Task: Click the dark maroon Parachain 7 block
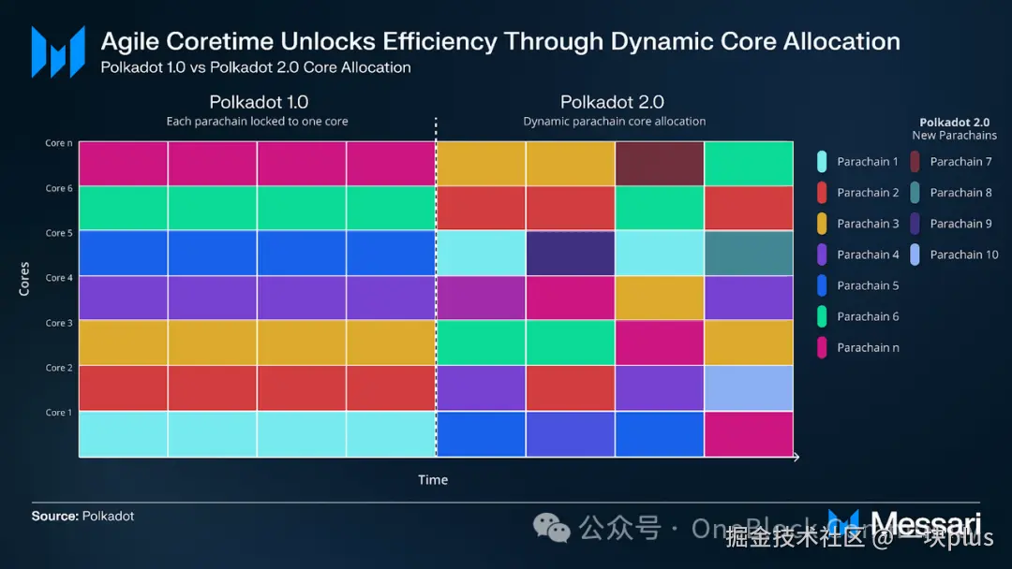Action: click(x=659, y=164)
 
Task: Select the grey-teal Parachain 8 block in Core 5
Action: click(x=748, y=253)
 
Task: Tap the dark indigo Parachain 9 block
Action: click(x=570, y=253)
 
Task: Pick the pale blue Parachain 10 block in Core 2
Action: click(x=748, y=387)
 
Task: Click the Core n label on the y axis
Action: click(x=58, y=143)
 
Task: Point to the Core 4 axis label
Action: click(x=58, y=278)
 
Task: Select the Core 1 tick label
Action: click(x=58, y=413)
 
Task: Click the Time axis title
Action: click(x=433, y=480)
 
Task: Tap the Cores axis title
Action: click(x=24, y=279)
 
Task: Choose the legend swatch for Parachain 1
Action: click(x=822, y=162)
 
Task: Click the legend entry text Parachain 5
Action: click(x=868, y=285)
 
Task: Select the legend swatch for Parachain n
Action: click(x=822, y=347)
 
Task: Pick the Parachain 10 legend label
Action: click(x=964, y=255)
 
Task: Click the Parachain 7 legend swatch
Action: click(x=915, y=162)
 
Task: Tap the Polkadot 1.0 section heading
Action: click(x=259, y=102)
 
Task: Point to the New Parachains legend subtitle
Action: click(x=954, y=136)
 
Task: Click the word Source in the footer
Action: click(x=54, y=516)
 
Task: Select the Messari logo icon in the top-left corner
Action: click(x=52, y=51)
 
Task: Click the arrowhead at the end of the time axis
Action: click(x=796, y=457)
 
